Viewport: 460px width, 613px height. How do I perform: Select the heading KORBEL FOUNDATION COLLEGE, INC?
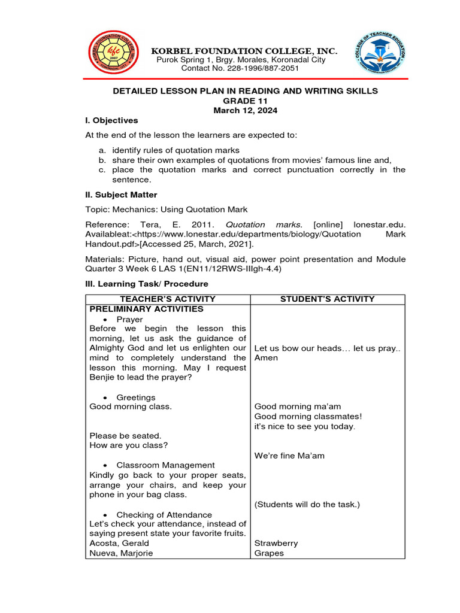[x=244, y=51]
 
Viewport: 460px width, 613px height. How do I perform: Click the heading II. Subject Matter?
[x=122, y=195]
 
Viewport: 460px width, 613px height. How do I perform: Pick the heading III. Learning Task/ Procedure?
[x=147, y=284]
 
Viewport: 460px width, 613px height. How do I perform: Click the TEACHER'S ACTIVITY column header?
[x=168, y=299]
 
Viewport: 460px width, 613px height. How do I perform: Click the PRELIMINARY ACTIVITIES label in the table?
[x=146, y=309]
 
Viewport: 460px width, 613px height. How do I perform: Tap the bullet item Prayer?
[x=129, y=320]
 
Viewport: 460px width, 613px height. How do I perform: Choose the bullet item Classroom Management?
[x=165, y=465]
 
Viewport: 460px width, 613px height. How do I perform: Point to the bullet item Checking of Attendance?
[x=164, y=515]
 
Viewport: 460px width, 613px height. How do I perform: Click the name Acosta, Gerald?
[x=119, y=544]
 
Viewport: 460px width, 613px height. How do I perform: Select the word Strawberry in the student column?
[x=276, y=544]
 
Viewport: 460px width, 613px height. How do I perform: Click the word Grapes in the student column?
[x=268, y=553]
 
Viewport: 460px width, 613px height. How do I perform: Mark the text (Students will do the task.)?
[x=307, y=505]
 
